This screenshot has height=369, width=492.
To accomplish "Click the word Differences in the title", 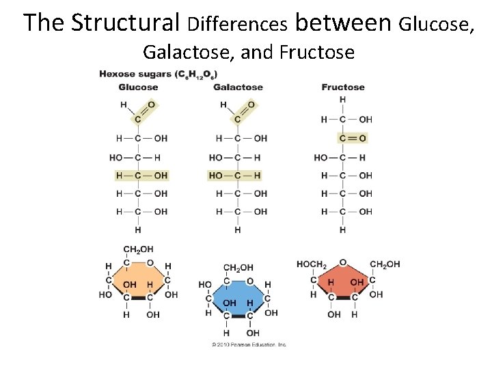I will point(237,25).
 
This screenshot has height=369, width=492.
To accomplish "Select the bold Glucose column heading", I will point(138,87).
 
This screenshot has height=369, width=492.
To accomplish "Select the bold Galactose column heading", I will point(238,87).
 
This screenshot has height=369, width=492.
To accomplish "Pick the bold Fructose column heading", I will point(343,87).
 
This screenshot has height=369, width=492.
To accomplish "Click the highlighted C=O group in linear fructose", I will point(352,138).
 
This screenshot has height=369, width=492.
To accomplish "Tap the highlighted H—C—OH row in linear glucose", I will point(141,176).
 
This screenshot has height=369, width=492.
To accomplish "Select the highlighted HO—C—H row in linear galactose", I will point(234,176).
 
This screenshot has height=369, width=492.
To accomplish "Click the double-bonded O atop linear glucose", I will point(151,105).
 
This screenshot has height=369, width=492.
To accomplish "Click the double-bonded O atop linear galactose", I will point(251,105).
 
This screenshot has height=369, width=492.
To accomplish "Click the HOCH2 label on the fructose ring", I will point(312,264).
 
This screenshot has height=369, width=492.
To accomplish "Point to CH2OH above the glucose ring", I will point(137,249).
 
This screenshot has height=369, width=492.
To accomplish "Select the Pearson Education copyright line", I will point(249,344).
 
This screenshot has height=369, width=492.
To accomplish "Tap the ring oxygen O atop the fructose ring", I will point(342,262).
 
